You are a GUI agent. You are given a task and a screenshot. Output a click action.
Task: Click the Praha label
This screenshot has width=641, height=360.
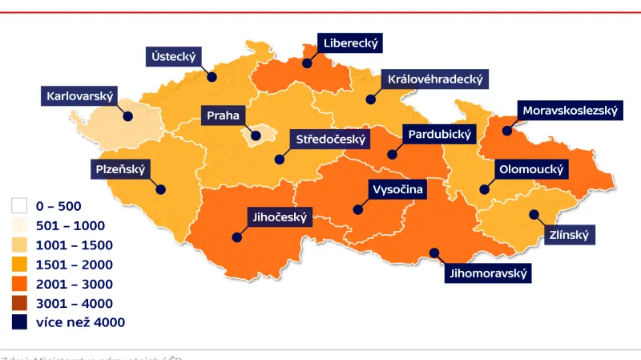(x=223, y=115)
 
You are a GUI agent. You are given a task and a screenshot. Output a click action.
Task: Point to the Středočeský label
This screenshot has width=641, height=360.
(x=331, y=140)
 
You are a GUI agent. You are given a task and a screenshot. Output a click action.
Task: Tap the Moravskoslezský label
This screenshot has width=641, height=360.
(x=570, y=111)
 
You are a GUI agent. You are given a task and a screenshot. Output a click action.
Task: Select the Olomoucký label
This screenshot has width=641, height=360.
(x=532, y=170)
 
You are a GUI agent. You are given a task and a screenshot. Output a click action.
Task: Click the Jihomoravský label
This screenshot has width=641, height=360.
(x=489, y=273)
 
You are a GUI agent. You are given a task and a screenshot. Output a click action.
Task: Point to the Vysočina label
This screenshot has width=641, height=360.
(x=397, y=190)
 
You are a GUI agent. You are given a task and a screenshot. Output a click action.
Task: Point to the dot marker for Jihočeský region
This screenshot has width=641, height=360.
(x=237, y=237)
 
